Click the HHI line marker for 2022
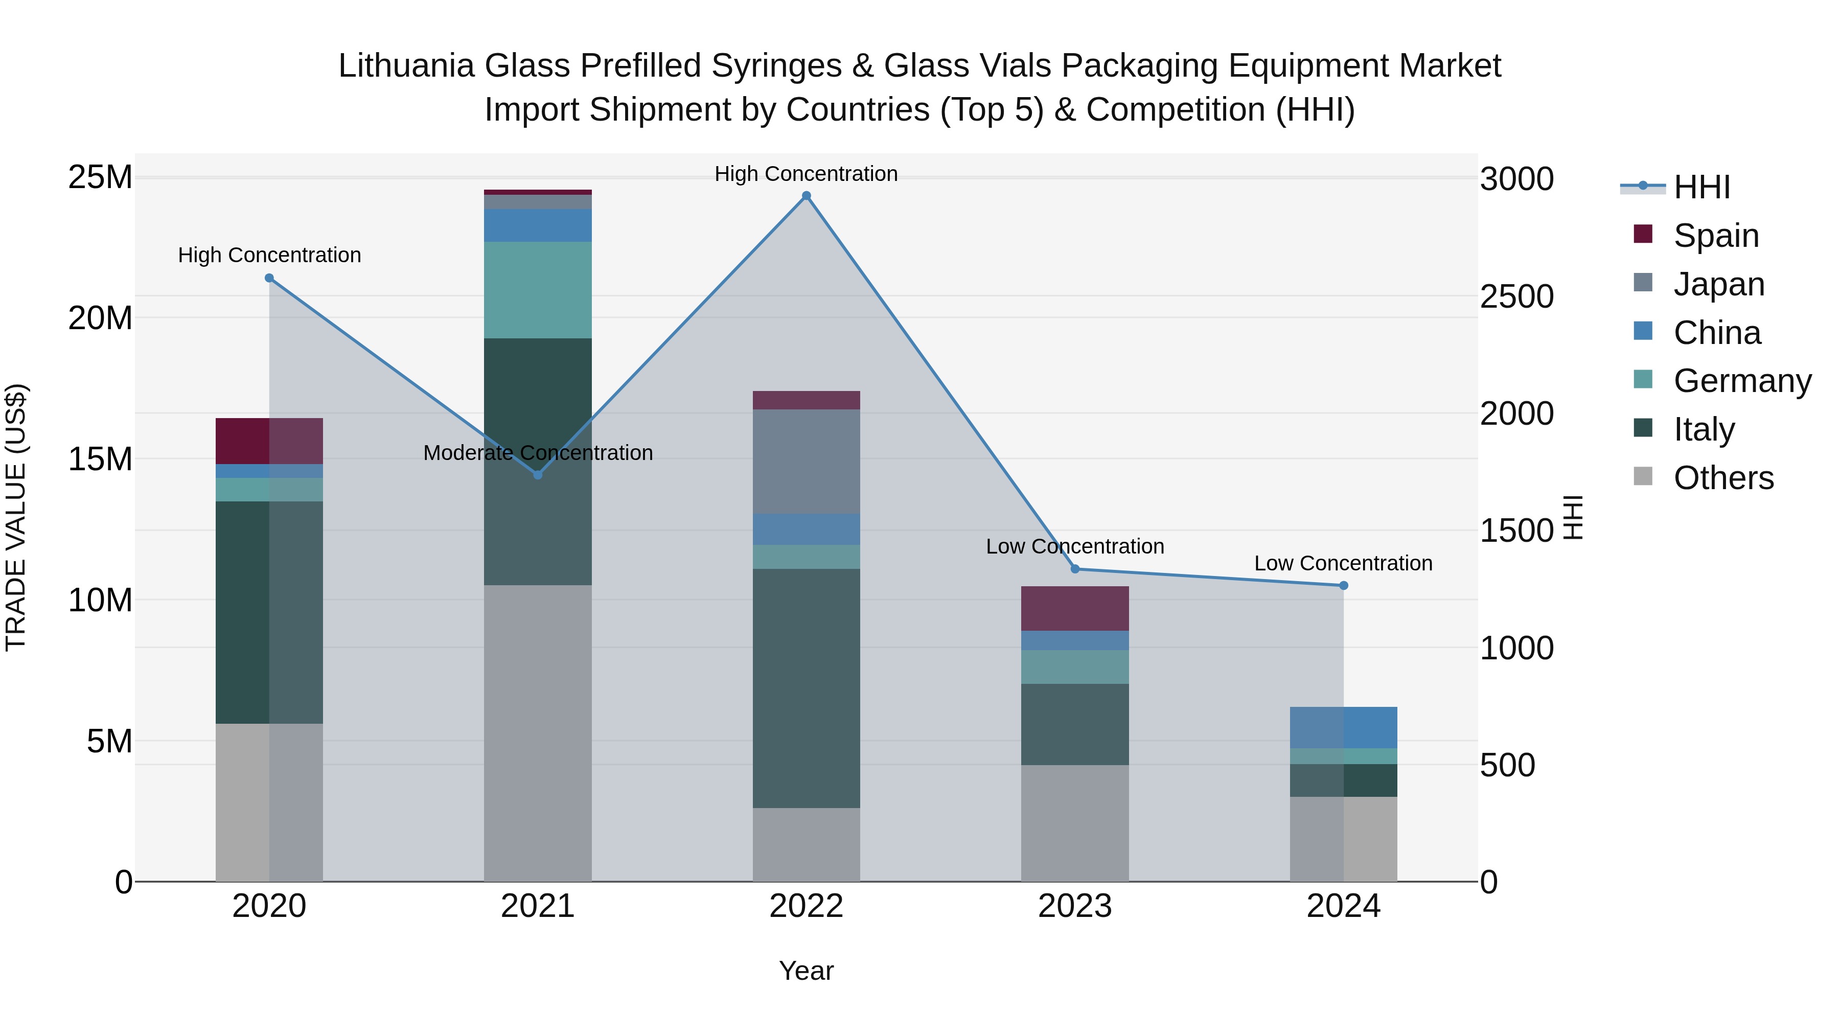tap(807, 196)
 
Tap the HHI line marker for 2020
tap(269, 279)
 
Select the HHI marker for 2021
tap(538, 475)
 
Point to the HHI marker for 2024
tap(1344, 586)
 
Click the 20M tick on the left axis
tap(100, 318)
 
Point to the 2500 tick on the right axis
tap(1516, 296)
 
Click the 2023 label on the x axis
tap(1075, 906)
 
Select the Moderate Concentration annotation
tap(538, 453)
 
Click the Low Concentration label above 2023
tap(1075, 546)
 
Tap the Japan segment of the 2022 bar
tap(807, 462)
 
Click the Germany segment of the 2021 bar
tap(538, 290)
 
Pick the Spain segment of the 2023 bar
tap(1075, 609)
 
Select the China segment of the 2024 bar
tap(1344, 727)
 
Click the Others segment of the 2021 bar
tap(538, 733)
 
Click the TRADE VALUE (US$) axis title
tap(16, 517)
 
